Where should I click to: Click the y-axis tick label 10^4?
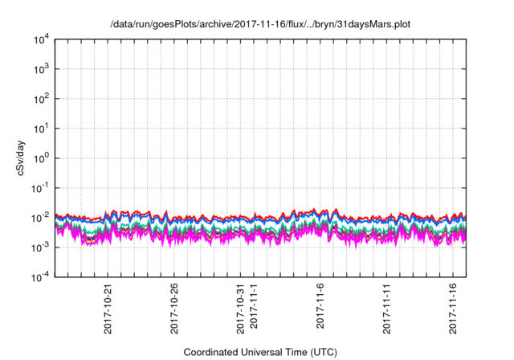[x=42, y=39]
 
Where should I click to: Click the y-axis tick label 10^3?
[x=42, y=68]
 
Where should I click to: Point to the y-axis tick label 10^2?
[x=42, y=98]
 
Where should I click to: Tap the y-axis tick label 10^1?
[x=42, y=128]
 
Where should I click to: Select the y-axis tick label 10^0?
[x=42, y=157]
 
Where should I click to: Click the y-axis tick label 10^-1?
[x=40, y=187]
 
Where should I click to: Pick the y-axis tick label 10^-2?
[x=40, y=217]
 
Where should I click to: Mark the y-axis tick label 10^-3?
[x=40, y=247]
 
